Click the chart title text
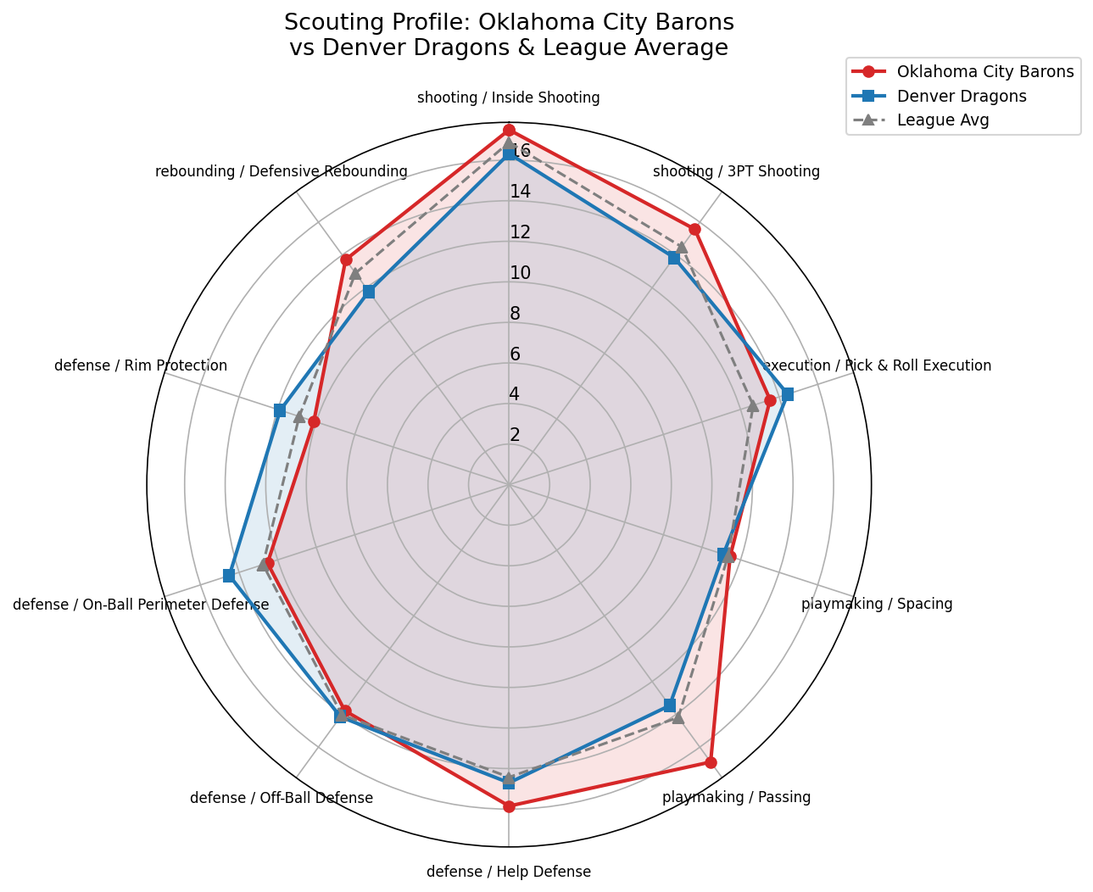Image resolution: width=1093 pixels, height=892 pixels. click(509, 35)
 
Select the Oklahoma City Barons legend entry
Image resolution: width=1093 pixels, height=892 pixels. click(984, 71)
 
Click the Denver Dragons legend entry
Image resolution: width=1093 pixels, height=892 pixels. click(961, 96)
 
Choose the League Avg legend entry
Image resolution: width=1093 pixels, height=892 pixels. click(942, 120)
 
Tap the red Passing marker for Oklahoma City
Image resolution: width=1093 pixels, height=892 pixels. click(711, 762)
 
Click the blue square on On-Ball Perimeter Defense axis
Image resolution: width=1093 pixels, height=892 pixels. click(229, 576)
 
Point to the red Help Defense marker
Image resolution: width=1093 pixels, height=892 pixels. click(509, 806)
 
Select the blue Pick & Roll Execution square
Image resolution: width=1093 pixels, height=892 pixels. click(788, 394)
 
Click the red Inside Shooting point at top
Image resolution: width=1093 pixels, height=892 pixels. click(509, 130)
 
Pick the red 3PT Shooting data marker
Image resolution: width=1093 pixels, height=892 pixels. click(694, 230)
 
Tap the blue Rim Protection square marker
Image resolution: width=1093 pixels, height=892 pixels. click(280, 410)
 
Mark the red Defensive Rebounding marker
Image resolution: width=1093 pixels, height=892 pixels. click(346, 259)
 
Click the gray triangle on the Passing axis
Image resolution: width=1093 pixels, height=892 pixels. click(678, 717)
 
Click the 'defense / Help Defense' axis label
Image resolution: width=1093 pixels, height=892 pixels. click(509, 872)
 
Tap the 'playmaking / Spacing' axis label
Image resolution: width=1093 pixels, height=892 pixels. click(877, 605)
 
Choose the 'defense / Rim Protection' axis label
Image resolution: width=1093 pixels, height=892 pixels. click(141, 366)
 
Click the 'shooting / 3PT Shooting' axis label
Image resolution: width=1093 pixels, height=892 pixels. click(736, 172)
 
